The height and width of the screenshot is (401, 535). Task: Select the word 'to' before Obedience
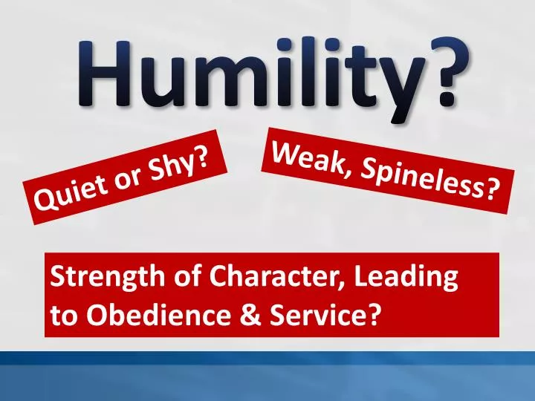64,316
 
